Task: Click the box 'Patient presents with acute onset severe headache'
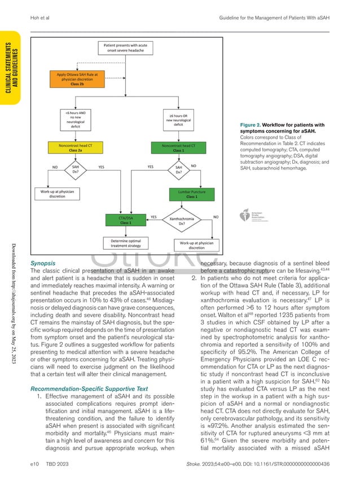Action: pyautogui.click(x=126, y=47)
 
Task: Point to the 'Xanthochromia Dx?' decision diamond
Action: pyautogui.click(x=181, y=220)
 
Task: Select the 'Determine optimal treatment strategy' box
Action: pyautogui.click(x=126, y=243)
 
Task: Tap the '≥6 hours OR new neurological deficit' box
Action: pyautogui.click(x=178, y=120)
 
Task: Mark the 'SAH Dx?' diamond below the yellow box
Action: pyautogui.click(x=75, y=170)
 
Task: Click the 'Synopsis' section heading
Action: pyautogui.click(x=42, y=263)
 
